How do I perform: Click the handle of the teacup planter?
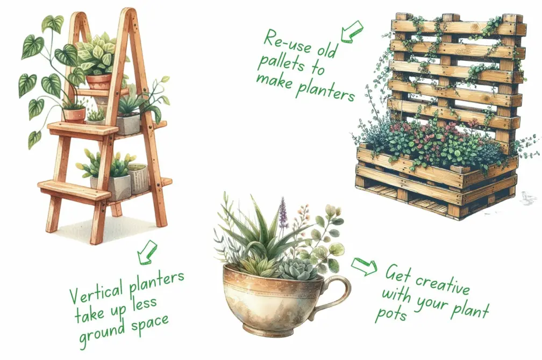(x=337, y=293)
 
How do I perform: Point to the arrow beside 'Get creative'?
(x=364, y=266)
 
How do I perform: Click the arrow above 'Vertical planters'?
(x=147, y=252)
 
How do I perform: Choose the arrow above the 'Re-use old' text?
(x=351, y=31)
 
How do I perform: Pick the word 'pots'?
(x=394, y=313)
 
